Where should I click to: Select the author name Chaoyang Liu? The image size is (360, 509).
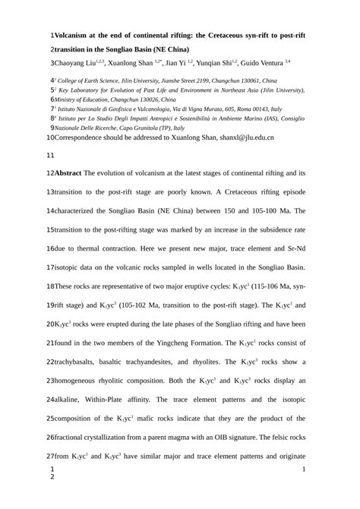77,64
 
